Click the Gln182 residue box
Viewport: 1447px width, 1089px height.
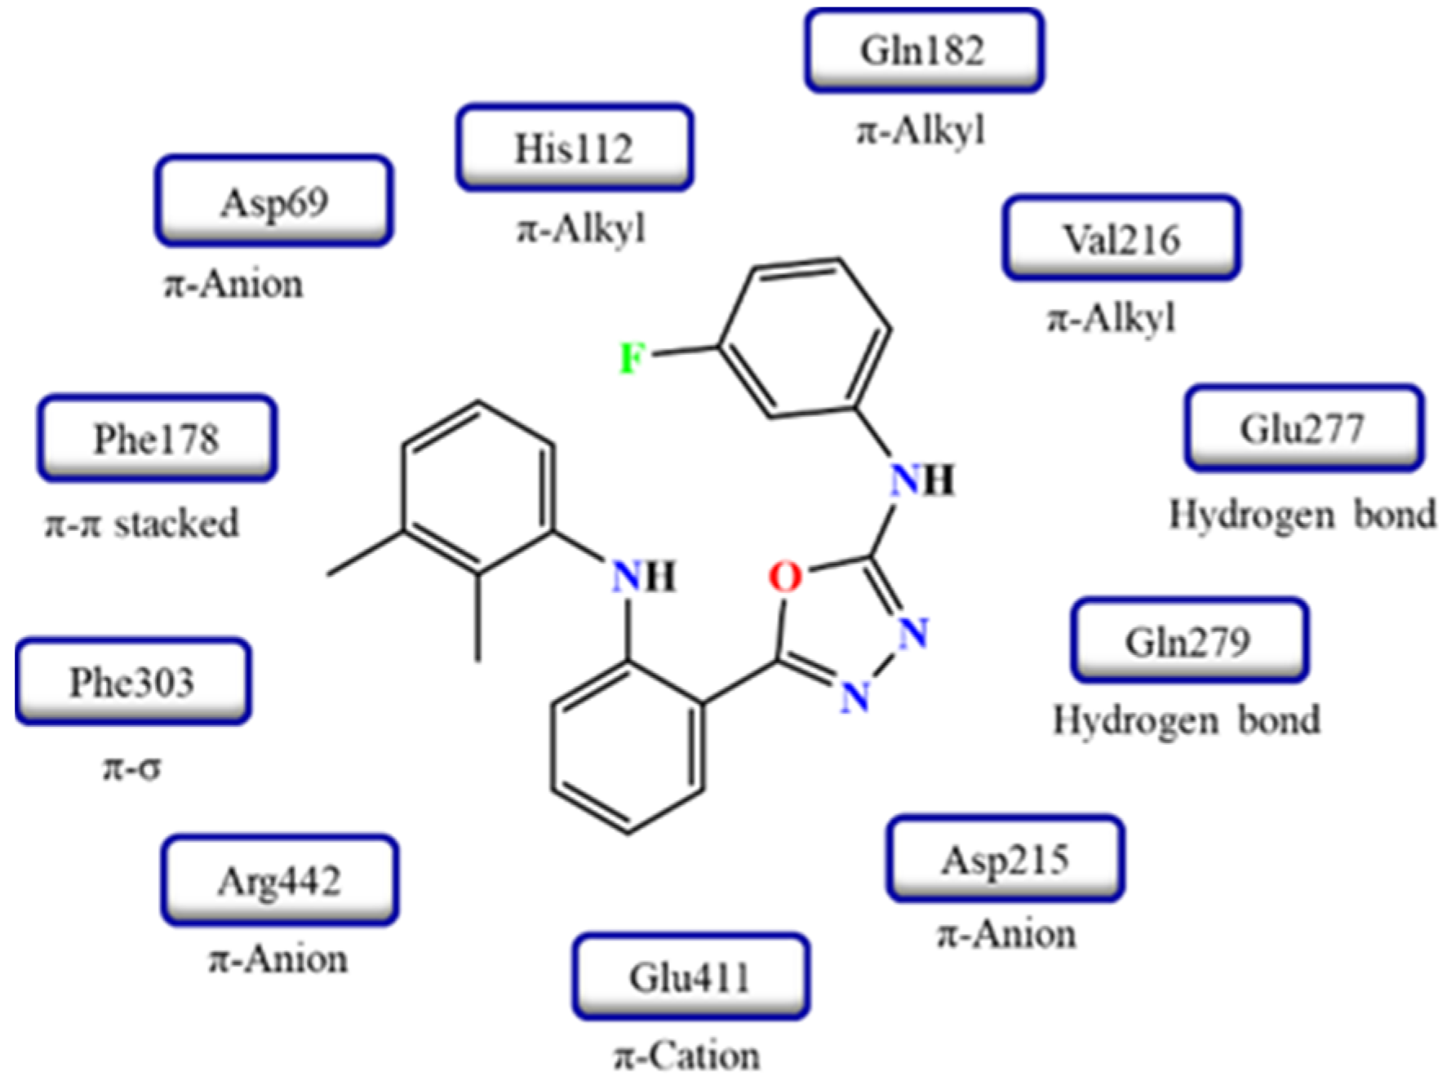click(924, 51)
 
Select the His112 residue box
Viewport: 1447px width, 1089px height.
click(575, 148)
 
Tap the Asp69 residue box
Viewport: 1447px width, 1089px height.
click(274, 201)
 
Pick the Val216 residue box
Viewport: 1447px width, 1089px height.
click(1121, 239)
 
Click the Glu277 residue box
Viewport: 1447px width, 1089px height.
click(1303, 428)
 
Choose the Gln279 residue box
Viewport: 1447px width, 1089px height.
click(1189, 642)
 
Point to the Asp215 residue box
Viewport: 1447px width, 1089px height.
click(1005, 860)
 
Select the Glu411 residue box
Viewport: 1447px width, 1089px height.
click(690, 977)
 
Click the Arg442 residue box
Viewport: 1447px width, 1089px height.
click(279, 881)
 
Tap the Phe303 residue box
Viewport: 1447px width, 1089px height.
click(132, 682)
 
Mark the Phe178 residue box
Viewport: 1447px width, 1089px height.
click(157, 439)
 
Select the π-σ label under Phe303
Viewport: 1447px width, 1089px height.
click(131, 767)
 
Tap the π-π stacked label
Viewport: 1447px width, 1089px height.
click(142, 524)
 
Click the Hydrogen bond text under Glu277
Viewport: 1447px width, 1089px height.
click(1302, 515)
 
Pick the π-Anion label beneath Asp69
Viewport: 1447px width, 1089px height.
click(234, 284)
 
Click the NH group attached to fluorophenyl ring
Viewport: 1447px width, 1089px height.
click(921, 480)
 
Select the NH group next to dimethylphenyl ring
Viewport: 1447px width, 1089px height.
click(644, 577)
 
